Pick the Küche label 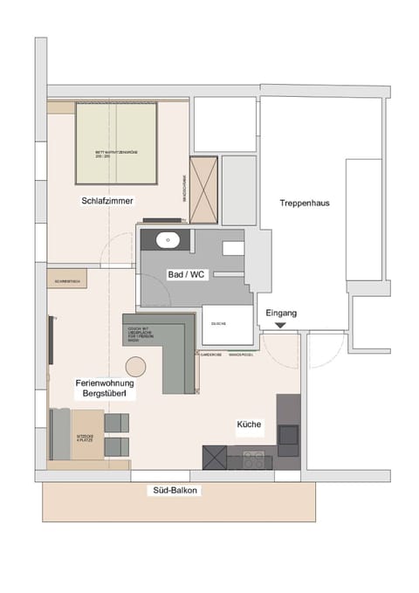click(x=249, y=424)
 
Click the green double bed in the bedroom click(x=116, y=144)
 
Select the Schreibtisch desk click(x=66, y=280)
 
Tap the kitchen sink click(x=288, y=434)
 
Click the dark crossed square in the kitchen click(x=215, y=457)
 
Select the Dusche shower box click(x=222, y=326)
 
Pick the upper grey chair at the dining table click(x=117, y=423)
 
